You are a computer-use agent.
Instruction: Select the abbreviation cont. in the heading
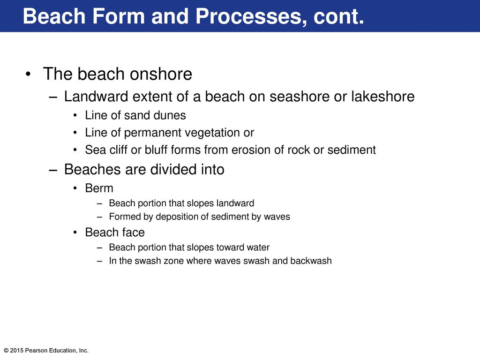[338, 16]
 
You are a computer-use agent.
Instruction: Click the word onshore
[161, 74]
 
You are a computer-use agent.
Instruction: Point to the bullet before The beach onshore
[28, 75]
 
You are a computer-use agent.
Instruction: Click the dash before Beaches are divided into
[53, 170]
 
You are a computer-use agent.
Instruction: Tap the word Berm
[99, 188]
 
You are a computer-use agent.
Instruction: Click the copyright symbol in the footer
[6, 351]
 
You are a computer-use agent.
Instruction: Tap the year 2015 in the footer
[16, 351]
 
